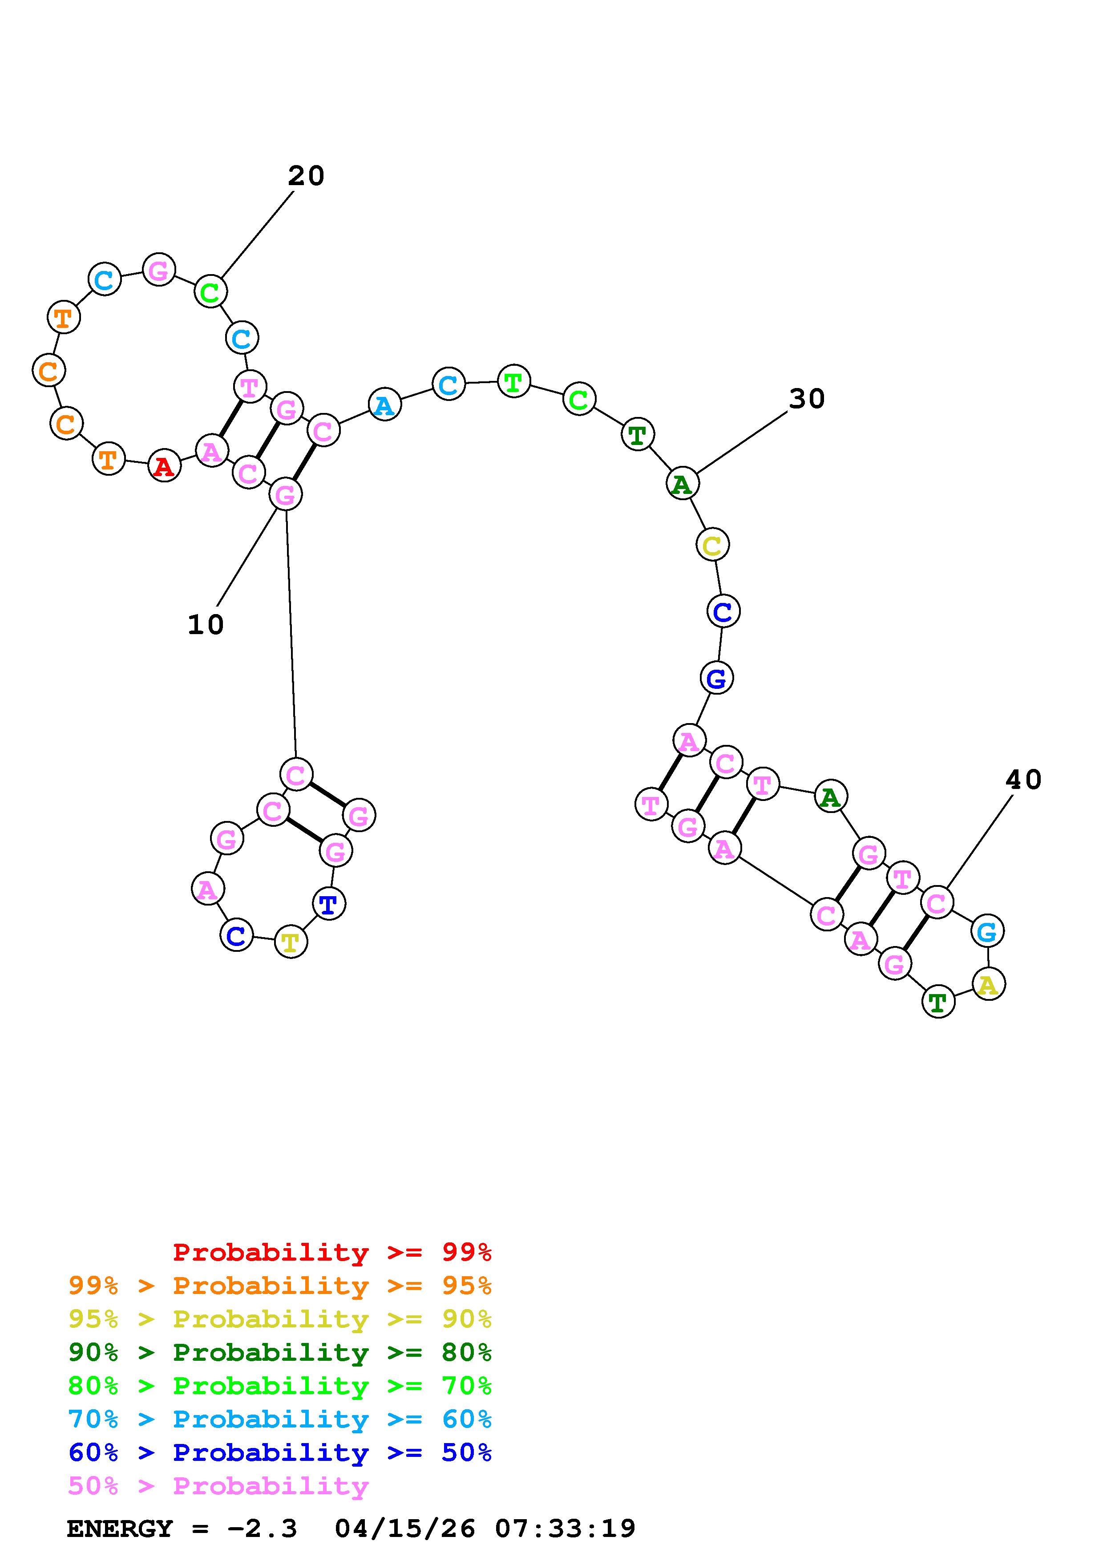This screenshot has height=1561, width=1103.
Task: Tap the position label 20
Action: tap(306, 176)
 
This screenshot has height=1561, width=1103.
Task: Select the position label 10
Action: tap(205, 625)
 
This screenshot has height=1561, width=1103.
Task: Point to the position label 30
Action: tap(807, 399)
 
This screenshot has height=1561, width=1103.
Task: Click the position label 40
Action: tap(1023, 780)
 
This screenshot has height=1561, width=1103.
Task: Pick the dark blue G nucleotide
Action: tap(716, 678)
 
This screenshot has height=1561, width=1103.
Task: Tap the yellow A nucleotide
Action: tap(988, 984)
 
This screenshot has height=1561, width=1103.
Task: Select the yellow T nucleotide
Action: tap(291, 942)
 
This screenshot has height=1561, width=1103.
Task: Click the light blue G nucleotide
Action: tap(987, 931)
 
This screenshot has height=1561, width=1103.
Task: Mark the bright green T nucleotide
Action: tap(514, 381)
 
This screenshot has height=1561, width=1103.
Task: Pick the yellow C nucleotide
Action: tap(711, 545)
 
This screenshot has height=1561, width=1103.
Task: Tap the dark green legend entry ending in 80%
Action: tap(279, 1352)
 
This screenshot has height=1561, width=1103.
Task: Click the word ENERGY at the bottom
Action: tap(120, 1529)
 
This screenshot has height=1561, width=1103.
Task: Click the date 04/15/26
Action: tap(405, 1529)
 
